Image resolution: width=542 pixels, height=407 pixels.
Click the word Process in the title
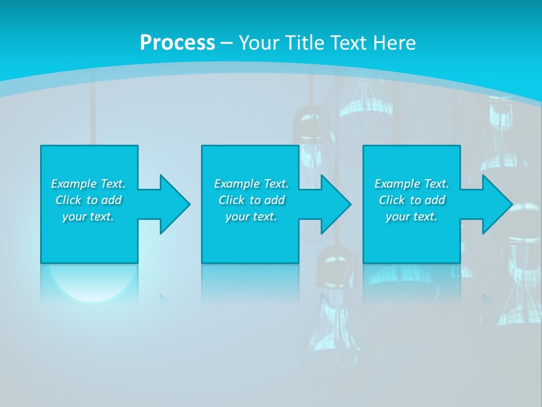(x=177, y=43)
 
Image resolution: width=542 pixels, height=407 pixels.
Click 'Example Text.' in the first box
(x=88, y=184)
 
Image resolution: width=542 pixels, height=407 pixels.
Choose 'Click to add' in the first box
(x=88, y=200)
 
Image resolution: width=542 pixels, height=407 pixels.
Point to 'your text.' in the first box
(x=88, y=217)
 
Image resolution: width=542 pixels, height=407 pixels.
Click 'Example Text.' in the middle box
(x=251, y=184)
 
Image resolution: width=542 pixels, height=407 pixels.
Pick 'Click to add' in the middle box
(x=251, y=200)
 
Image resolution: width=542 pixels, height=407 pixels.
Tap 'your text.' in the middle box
(x=251, y=217)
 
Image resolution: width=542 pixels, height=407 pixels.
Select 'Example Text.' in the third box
(x=412, y=184)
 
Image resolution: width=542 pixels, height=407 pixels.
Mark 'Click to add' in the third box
(x=412, y=200)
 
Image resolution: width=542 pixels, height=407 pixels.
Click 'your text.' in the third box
(x=412, y=217)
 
